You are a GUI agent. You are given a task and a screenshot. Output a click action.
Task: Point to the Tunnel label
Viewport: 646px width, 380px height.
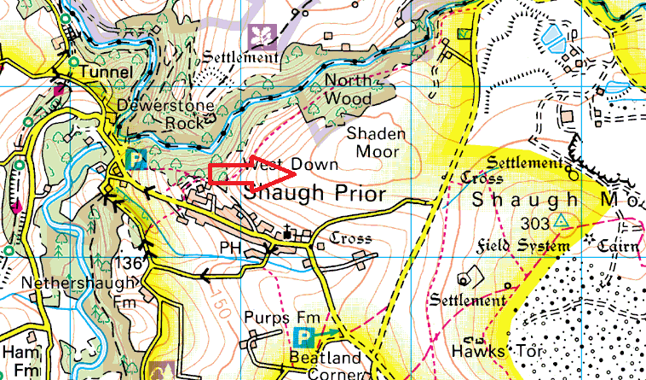point(104,73)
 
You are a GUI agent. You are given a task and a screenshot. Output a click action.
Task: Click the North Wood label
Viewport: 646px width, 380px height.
point(349,90)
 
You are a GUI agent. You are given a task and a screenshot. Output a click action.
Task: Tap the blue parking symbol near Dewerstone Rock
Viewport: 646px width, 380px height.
point(134,159)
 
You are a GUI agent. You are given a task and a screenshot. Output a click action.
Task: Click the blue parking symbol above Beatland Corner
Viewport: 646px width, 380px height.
point(303,337)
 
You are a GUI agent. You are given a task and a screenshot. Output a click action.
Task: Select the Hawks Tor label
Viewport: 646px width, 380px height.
point(486,351)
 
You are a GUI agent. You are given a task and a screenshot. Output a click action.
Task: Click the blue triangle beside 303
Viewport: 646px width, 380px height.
point(560,221)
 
